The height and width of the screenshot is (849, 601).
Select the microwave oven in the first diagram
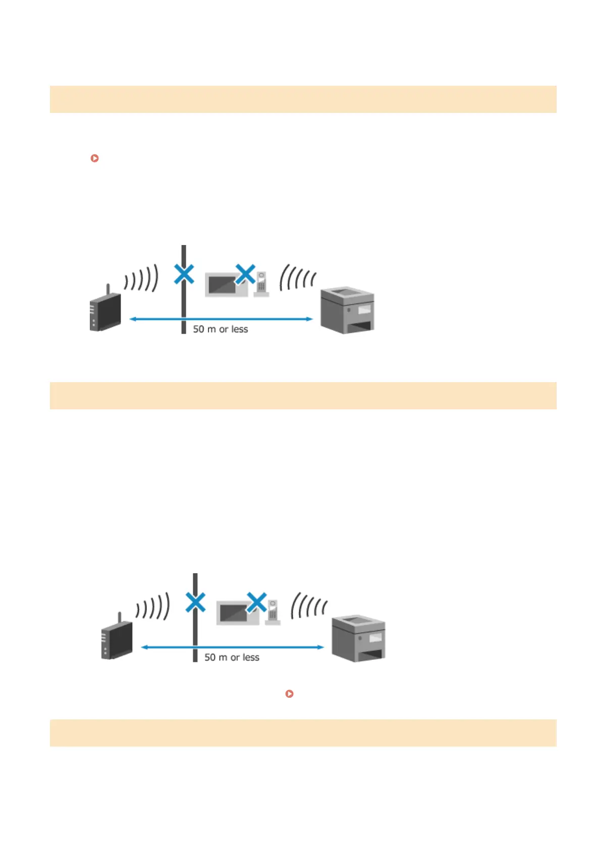(x=224, y=285)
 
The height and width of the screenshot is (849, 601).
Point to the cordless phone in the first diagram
(x=261, y=285)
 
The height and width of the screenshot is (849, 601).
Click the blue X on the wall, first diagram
(x=184, y=274)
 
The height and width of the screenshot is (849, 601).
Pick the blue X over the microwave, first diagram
(x=245, y=274)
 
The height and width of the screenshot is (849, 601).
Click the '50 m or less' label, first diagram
(x=221, y=329)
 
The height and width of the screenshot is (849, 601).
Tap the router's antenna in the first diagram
(x=107, y=290)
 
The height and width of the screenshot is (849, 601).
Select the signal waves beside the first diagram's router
(x=142, y=279)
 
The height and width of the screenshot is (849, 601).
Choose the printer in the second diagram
(x=359, y=638)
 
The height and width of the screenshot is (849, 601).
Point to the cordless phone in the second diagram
(x=273, y=613)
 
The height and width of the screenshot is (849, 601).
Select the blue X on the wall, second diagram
(x=196, y=602)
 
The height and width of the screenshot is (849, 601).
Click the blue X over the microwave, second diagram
(x=257, y=602)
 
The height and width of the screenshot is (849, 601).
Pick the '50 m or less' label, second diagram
(x=232, y=657)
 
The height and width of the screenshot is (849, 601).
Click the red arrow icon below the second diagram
(x=289, y=694)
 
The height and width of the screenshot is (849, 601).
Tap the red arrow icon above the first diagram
(x=94, y=158)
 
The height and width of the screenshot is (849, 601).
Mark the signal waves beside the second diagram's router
(x=153, y=607)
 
